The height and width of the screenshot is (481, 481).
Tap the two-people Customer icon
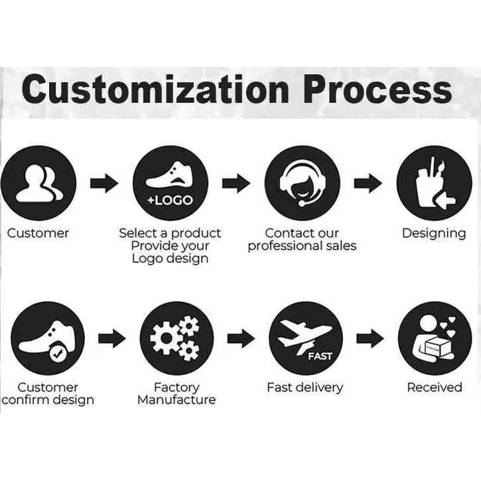tap(38, 182)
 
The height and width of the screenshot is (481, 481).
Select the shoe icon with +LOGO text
tap(171, 183)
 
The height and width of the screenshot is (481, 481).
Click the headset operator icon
tap(302, 182)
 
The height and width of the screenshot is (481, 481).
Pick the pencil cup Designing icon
tap(434, 182)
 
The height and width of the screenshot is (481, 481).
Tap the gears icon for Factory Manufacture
tap(176, 338)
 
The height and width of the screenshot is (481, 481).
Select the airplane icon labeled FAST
tap(306, 338)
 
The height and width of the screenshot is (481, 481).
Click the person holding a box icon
tap(435, 338)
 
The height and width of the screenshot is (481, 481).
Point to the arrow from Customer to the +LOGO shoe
tap(104, 183)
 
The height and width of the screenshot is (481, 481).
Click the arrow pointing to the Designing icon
tap(368, 183)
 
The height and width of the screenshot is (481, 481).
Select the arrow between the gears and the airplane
tap(241, 340)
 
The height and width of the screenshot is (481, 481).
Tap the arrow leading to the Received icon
tap(370, 340)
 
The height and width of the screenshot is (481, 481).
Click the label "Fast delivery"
tap(305, 387)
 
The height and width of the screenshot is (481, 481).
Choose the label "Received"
tap(435, 387)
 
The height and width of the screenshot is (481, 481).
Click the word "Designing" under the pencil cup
tap(434, 234)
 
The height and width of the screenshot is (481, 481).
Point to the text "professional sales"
tap(302, 246)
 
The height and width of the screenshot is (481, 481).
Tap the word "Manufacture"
tap(176, 400)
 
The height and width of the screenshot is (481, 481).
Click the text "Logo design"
tap(170, 259)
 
